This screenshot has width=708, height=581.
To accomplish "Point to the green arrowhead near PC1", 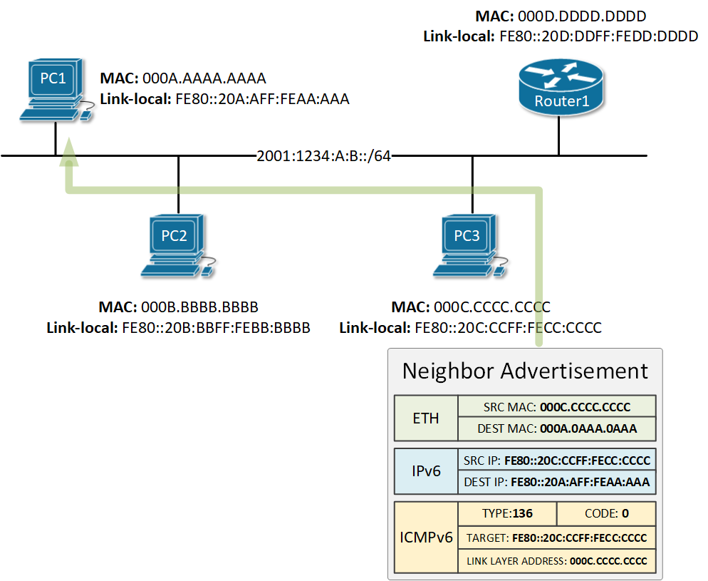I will pos(68,152).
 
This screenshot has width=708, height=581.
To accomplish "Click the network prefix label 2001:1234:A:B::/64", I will pos(323,156).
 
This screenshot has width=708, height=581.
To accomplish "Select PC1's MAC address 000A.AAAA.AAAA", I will pos(204,78).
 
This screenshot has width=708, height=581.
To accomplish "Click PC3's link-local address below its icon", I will pos(506,328).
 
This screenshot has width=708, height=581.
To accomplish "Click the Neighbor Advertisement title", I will pos(525,371).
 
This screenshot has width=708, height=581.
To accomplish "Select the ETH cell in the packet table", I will pos(426,418).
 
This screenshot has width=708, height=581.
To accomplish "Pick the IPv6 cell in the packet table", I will pos(426,471).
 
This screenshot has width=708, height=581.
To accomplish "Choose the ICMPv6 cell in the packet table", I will pos(425,537).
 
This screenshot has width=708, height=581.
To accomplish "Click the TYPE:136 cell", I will pos(506,513).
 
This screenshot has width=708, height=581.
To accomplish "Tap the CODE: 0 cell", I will pos(605,513).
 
